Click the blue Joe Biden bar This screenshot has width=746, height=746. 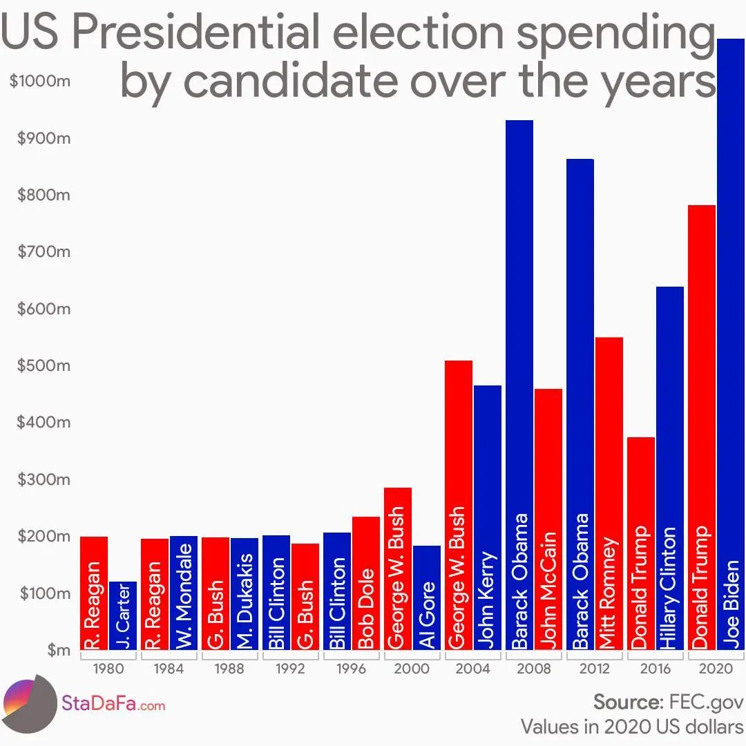(731, 345)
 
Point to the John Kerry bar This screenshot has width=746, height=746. (488, 518)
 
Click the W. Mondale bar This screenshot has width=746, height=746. (184, 593)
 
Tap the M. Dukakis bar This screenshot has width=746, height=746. (245, 594)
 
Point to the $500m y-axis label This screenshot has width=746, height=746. (44, 365)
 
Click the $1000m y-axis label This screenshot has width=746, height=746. (40, 82)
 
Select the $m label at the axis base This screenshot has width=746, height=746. (59, 650)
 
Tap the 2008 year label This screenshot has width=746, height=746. (533, 669)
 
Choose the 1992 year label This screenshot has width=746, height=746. (290, 669)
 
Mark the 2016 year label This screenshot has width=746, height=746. (655, 669)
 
